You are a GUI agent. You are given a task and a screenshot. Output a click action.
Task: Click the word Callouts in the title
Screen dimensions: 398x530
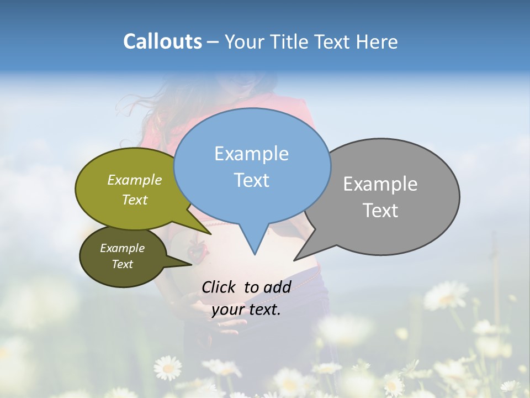point(162,42)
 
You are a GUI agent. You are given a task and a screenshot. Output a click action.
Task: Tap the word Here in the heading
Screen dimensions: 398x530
point(377,42)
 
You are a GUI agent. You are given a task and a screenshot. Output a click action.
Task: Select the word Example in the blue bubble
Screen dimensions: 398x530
point(251,154)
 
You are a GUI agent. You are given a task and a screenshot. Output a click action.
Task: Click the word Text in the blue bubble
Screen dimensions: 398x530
point(251,180)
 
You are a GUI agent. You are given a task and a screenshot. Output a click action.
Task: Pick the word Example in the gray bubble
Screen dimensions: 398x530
point(380,184)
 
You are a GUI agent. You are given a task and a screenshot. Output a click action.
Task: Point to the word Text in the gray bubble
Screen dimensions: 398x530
point(380,211)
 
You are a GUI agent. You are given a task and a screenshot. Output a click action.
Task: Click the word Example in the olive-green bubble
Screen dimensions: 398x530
point(135,180)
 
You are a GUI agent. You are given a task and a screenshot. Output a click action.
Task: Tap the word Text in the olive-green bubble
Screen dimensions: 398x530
point(135,200)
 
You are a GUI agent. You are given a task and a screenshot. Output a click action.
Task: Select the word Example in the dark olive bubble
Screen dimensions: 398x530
point(122,249)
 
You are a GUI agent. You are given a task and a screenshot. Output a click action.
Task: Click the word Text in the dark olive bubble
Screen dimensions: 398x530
point(122,264)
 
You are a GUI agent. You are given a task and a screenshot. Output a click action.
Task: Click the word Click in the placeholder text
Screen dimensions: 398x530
point(220,287)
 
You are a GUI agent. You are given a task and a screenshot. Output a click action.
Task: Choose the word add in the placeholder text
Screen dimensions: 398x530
point(277,287)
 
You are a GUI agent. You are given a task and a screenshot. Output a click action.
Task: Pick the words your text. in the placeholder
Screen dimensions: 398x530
point(246,310)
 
